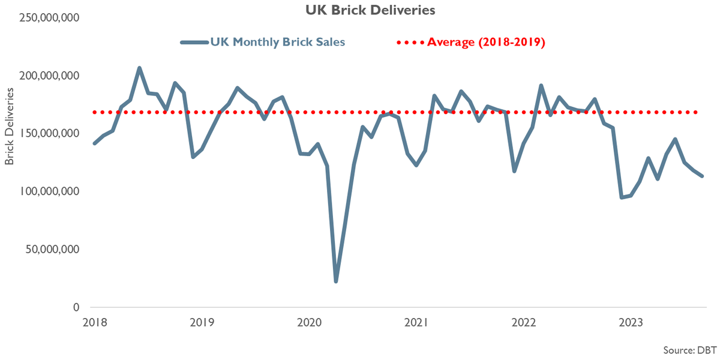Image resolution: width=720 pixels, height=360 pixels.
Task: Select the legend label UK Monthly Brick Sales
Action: click(277, 42)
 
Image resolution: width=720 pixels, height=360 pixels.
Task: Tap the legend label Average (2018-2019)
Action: click(486, 42)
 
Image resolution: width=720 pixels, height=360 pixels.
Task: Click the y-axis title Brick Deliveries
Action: click(9, 127)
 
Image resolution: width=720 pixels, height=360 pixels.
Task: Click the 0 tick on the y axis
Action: click(76, 307)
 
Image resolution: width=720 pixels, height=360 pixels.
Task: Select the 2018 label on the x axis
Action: click(95, 323)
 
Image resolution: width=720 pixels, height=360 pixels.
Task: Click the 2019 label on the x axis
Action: click(202, 323)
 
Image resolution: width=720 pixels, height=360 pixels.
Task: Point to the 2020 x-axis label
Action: click(310, 323)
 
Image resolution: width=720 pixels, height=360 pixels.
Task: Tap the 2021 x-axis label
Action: click(416, 323)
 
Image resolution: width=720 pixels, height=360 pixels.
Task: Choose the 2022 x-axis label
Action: click(524, 323)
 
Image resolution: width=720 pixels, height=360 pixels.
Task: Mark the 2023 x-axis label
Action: click(631, 323)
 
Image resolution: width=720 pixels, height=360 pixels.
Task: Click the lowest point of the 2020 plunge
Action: click(336, 281)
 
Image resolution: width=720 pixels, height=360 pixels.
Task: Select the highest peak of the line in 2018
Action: click(139, 68)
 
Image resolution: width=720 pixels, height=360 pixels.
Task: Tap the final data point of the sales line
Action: click(702, 176)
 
